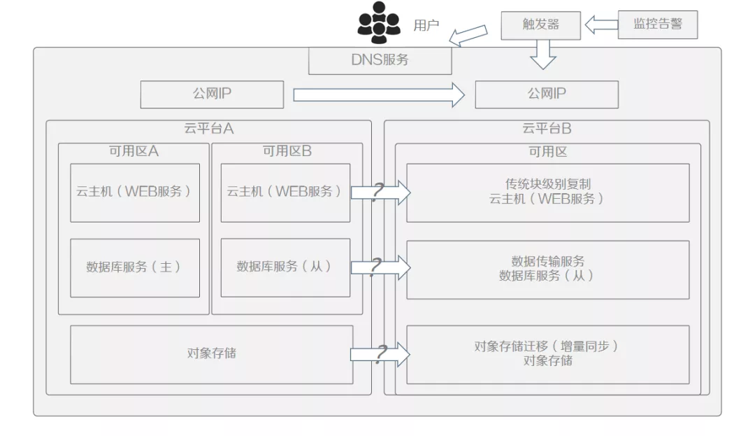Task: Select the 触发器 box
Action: click(x=540, y=25)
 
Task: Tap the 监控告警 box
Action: click(x=657, y=24)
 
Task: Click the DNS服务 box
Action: click(x=380, y=60)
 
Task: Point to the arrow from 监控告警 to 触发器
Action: click(x=601, y=25)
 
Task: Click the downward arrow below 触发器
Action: click(x=542, y=54)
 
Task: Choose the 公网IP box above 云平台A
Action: click(x=212, y=94)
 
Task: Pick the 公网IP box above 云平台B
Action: click(x=546, y=94)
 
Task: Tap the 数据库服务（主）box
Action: click(x=134, y=267)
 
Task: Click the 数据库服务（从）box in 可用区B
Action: click(x=285, y=267)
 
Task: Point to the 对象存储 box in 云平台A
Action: click(x=211, y=354)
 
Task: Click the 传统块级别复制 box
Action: click(x=547, y=192)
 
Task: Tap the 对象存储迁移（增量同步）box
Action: click(x=547, y=354)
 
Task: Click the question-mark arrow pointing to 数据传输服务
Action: click(x=380, y=267)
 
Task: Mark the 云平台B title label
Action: click(x=546, y=129)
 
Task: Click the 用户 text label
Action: click(x=426, y=26)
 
